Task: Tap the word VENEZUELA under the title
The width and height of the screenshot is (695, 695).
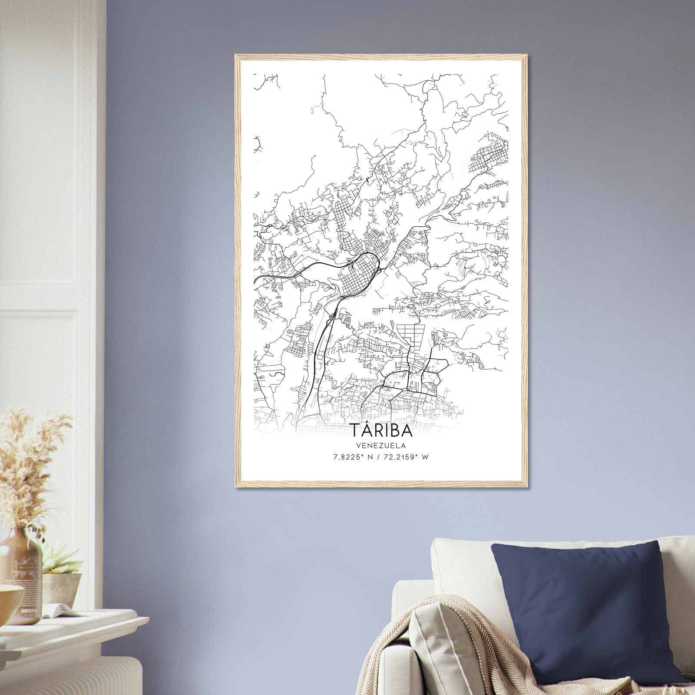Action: [381, 445]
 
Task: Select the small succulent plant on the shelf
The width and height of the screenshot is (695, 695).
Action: [61, 560]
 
